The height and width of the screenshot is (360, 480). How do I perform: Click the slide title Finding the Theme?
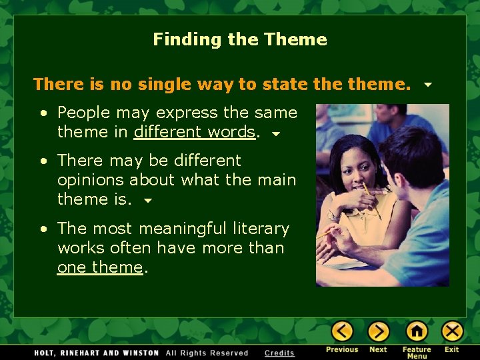point(240,39)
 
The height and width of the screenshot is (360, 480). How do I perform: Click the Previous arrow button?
point(342,331)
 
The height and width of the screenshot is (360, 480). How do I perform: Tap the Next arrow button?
point(378,331)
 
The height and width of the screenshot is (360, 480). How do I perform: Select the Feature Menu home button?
point(417,331)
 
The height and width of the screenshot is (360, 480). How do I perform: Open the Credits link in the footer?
point(279,353)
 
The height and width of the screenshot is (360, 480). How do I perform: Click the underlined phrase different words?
point(194,132)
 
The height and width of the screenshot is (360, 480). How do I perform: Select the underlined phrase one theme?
point(100,267)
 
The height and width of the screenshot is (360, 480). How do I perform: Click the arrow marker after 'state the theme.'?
point(427,85)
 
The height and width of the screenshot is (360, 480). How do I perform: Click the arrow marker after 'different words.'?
point(275,133)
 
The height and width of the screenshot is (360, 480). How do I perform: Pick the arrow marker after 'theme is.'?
point(148,200)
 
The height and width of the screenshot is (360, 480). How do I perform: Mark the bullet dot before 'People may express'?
point(43,113)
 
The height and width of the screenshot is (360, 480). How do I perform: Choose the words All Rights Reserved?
point(207,353)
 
